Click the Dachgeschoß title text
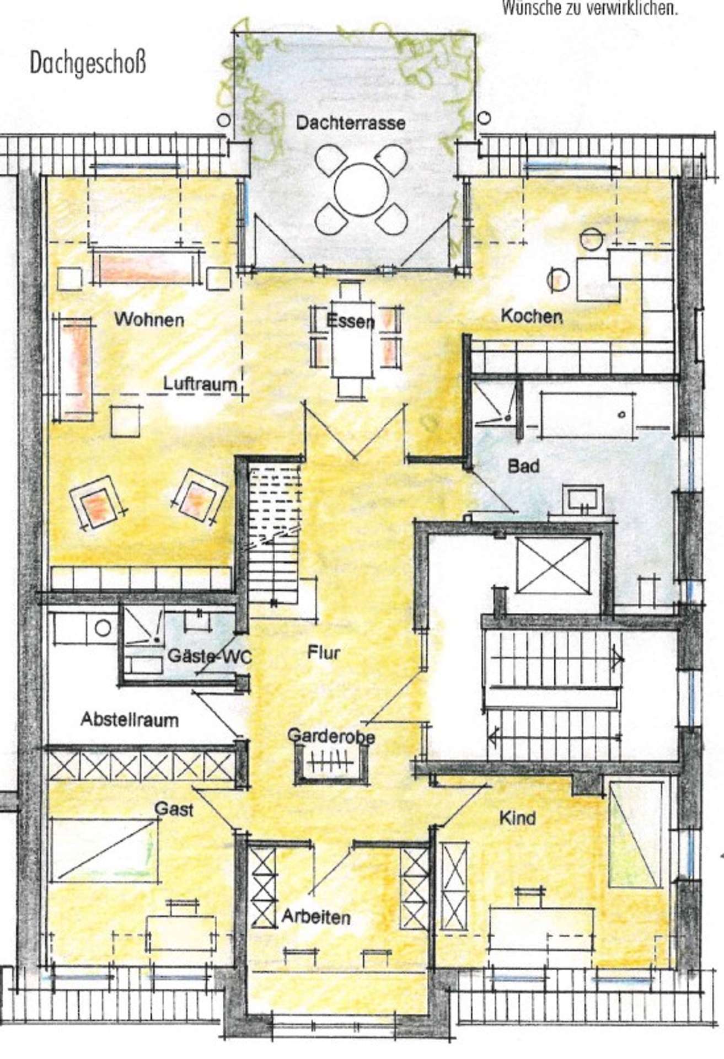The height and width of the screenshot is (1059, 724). [x=88, y=63]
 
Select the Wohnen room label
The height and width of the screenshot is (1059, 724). [x=149, y=319]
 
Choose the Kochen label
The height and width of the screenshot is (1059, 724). [x=532, y=317]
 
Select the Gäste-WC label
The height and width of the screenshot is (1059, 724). [x=208, y=657]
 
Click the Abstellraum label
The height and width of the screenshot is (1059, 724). [x=130, y=720]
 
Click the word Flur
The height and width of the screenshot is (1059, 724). [x=324, y=653]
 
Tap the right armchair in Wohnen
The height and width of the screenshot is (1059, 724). [x=200, y=494]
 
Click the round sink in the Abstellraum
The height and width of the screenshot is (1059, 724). [x=103, y=627]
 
